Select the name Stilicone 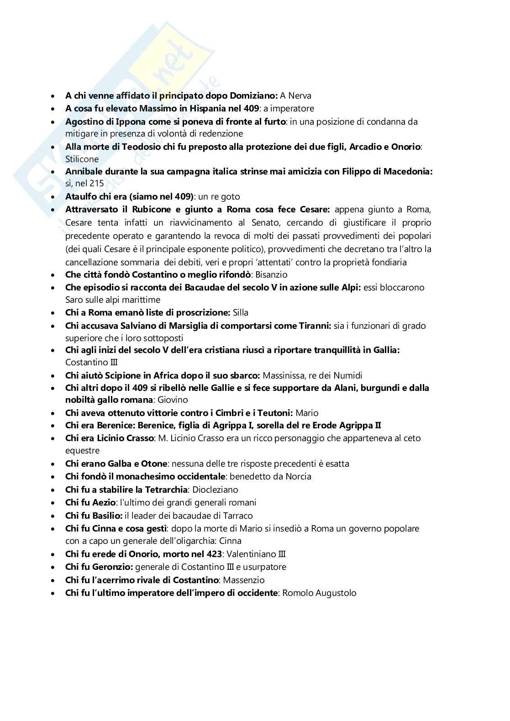(82, 159)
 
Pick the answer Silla (240, 313)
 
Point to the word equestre (82, 451)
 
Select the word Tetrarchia (164, 490)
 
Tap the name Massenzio (243, 580)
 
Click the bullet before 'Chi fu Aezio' (54, 503)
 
